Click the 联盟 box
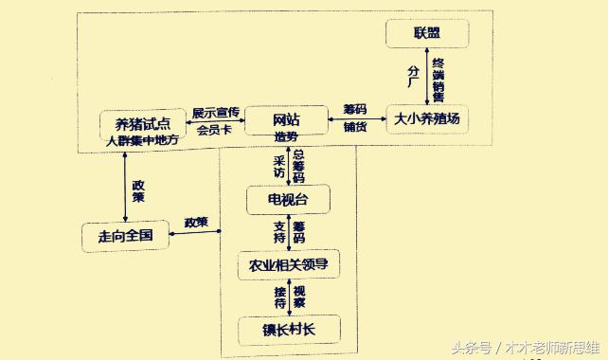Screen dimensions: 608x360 click(427, 35)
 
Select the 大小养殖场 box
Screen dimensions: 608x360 click(427, 118)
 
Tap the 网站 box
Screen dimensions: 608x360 click(286, 119)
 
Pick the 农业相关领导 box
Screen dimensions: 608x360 click(287, 264)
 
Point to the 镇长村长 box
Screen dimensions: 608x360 click(287, 330)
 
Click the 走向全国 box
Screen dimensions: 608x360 click(125, 234)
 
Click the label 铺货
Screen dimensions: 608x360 click(355, 126)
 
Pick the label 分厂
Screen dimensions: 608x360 click(413, 76)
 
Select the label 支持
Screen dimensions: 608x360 click(278, 231)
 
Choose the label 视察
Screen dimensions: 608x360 click(298, 297)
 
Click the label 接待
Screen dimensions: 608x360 click(279, 297)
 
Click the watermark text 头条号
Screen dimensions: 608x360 click(471, 348)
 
